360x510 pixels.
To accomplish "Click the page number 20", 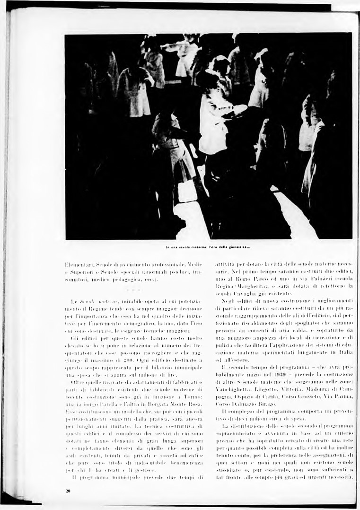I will coord(69,492).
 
